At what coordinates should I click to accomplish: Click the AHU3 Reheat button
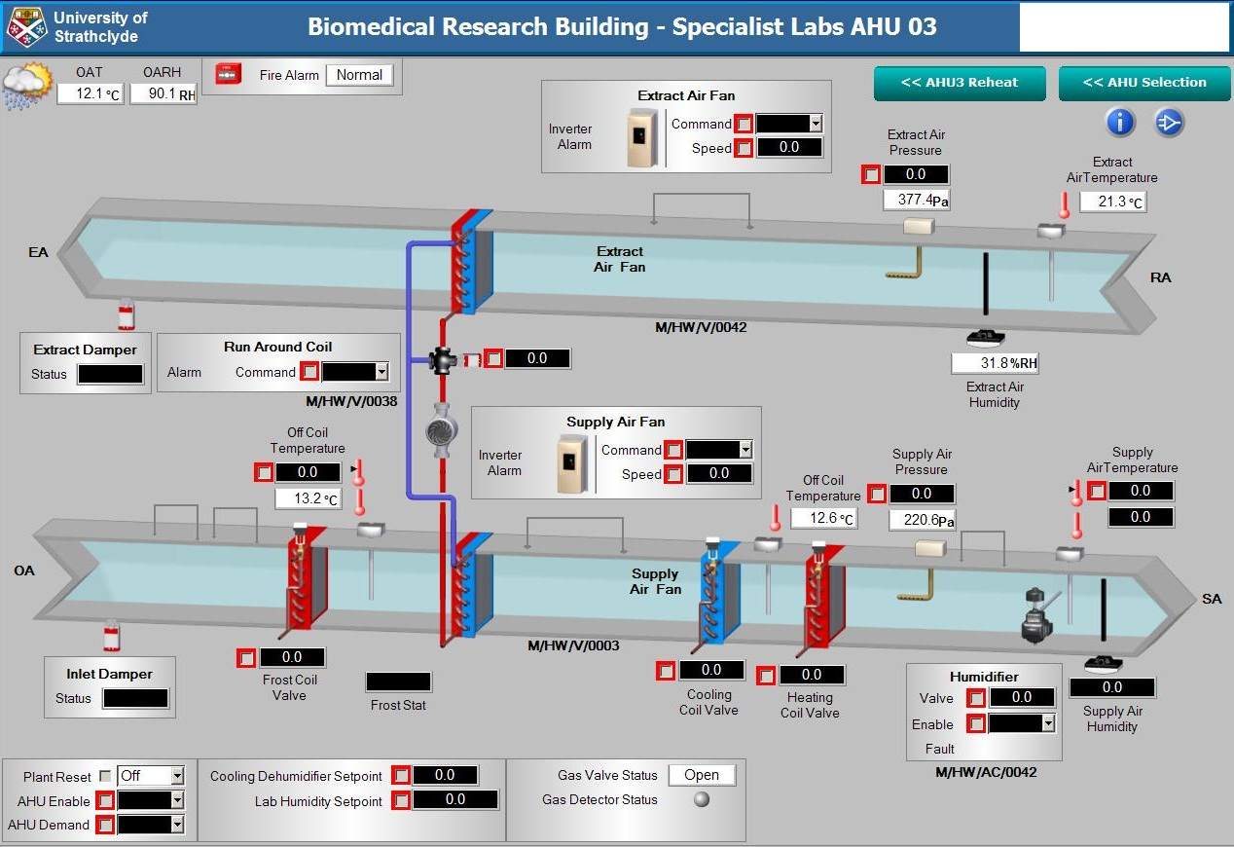pos(959,83)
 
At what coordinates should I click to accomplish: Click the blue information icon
pos(1121,122)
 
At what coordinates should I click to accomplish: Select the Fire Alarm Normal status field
pos(359,75)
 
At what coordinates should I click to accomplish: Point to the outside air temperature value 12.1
pos(89,93)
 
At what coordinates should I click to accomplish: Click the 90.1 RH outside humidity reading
pos(163,93)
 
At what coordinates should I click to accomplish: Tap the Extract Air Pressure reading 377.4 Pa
pos(915,200)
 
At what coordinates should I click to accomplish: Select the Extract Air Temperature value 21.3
pos(1111,203)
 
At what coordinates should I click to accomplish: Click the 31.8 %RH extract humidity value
pos(995,363)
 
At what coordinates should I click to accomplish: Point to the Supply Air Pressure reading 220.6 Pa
pos(922,520)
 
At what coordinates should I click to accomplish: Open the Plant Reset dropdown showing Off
pos(150,776)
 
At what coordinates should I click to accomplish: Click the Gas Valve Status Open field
pos(701,775)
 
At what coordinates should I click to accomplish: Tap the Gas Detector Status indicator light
pos(701,799)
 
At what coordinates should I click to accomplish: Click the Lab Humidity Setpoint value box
pos(455,799)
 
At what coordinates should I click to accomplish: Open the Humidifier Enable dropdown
pos(1022,723)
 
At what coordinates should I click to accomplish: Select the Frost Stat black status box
pos(398,681)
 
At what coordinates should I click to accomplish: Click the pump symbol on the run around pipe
pos(442,431)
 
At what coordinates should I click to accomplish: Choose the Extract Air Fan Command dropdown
pos(789,124)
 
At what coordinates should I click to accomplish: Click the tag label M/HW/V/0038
pos(351,400)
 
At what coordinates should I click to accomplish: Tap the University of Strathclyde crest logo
pos(26,27)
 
